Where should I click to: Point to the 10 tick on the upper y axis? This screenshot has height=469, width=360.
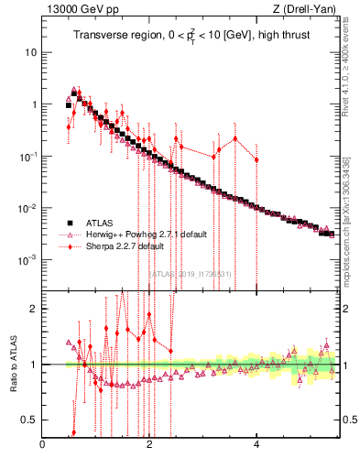point(32,52)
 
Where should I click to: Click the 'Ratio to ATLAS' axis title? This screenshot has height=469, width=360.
point(11,364)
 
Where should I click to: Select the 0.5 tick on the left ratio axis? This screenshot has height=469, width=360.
point(30,420)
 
